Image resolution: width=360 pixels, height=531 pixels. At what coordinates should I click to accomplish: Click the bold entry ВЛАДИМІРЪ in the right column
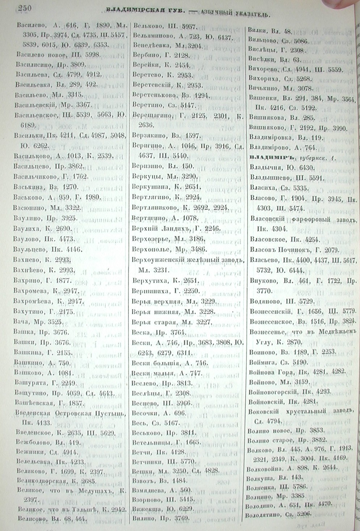tap(271, 157)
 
